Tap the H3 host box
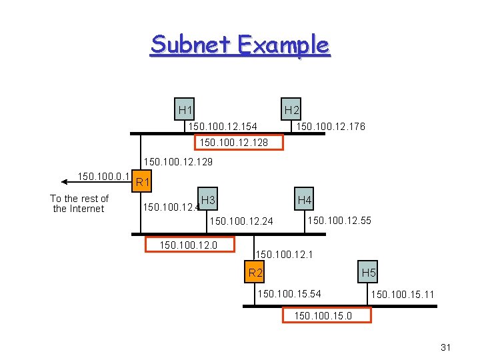(208, 200)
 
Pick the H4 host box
(305, 200)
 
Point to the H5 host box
(369, 272)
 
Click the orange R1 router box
(142, 182)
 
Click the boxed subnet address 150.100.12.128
(239, 142)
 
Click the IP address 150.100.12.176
(331, 126)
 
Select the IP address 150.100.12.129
(179, 162)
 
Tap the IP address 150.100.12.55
(339, 221)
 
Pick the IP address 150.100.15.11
(403, 294)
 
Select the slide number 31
(447, 347)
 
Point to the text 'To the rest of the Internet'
(79, 203)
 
